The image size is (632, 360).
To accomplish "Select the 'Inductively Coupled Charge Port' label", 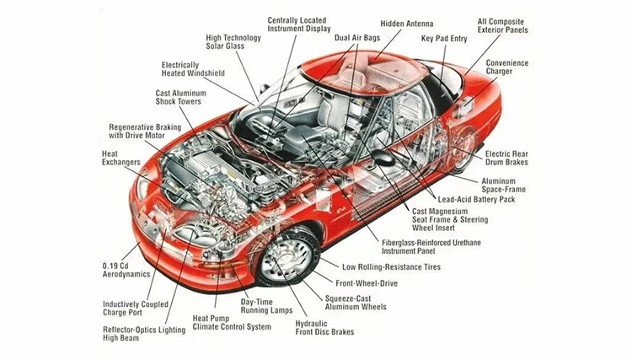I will click(131, 308).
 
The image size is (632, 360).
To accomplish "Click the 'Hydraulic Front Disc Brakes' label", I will click(324, 327).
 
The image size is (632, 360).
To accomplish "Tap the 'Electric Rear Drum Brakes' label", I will click(513, 158).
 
